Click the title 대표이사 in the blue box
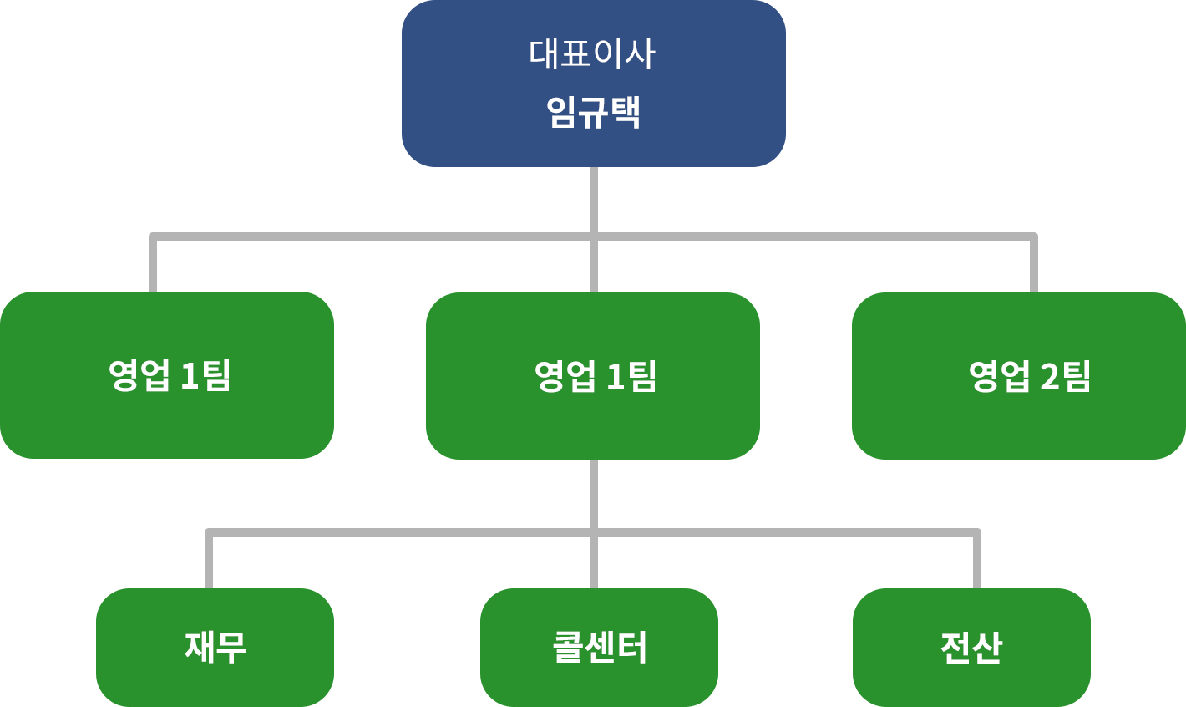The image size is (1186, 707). [x=592, y=54]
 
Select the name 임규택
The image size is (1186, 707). [x=593, y=112]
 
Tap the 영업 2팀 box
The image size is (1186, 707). [x=1018, y=375]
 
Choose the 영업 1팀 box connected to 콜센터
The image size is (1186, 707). [x=592, y=375]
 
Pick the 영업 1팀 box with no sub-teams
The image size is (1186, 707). [x=167, y=375]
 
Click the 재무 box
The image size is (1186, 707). [x=215, y=648]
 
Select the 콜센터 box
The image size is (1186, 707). [x=599, y=648]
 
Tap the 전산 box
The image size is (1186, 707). [x=971, y=648]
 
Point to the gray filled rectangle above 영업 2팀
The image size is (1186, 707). [x=947, y=262]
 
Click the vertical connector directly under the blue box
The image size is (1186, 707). [x=593, y=201]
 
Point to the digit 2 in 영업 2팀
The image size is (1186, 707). [x=1050, y=377]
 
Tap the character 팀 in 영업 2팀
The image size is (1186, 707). [x=1077, y=376]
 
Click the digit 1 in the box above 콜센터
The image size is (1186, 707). [x=616, y=377]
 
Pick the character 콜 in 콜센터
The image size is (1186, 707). [x=568, y=648]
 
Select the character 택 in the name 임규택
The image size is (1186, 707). [x=625, y=112]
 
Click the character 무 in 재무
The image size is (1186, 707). [x=231, y=648]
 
